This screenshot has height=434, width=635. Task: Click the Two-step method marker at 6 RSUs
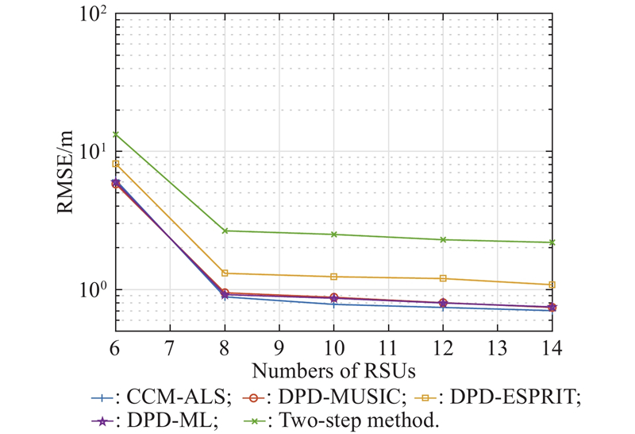point(116,134)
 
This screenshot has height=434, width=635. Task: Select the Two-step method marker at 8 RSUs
point(225,231)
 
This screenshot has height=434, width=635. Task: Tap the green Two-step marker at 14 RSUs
point(552,242)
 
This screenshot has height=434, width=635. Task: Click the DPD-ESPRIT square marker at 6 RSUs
point(116,164)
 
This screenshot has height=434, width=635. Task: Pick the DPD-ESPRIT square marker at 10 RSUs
point(333,277)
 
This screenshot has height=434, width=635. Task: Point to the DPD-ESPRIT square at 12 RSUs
point(443,278)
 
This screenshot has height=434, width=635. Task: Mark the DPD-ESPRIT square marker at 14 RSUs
point(552,285)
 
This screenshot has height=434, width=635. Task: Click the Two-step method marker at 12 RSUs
point(443,239)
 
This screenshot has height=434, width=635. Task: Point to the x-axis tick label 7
point(170,347)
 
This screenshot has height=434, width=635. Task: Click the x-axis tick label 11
point(388,347)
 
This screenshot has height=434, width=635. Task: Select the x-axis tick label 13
point(497,347)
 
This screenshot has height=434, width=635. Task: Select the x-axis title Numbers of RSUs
point(333,370)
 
